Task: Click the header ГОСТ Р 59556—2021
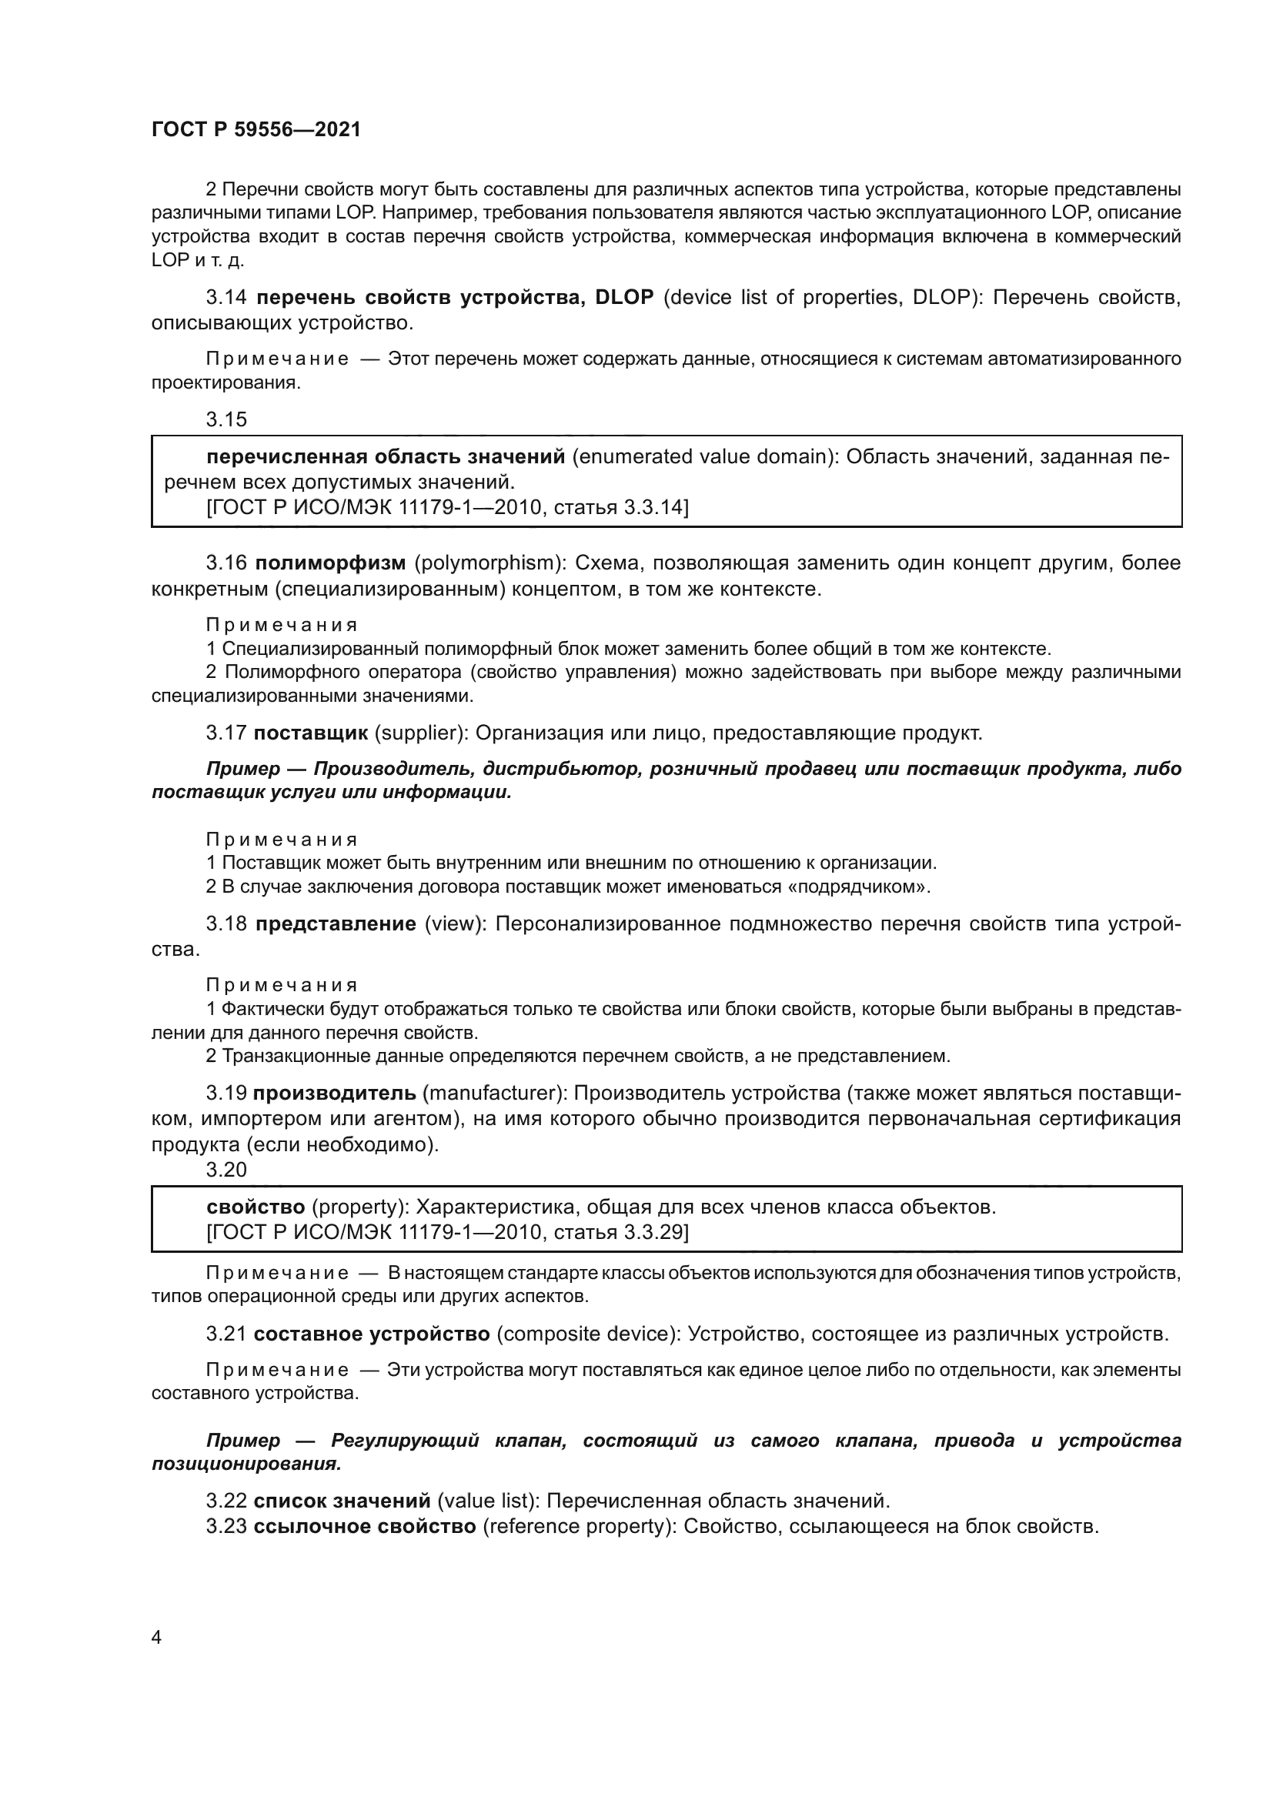pos(256,130)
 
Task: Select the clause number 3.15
pos(226,419)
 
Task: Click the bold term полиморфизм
pos(331,563)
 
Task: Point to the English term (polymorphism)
pos(490,563)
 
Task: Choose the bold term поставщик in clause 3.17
pos(310,733)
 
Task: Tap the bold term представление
pos(336,923)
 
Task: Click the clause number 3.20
pos(226,1170)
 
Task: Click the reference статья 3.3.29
pos(621,1232)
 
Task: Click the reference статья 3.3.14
pos(621,507)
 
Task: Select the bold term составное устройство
pos(372,1334)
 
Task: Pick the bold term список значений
pos(342,1501)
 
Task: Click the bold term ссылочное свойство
pos(365,1526)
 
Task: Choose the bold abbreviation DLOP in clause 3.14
pos(624,297)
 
